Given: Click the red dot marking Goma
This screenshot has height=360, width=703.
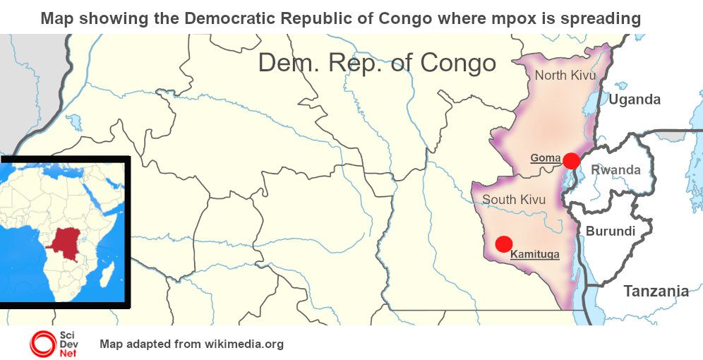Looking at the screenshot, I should coord(572,161).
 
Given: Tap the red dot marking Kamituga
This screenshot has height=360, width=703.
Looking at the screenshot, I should coord(503,244).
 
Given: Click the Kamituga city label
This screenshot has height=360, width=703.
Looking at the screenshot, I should coord(534,253).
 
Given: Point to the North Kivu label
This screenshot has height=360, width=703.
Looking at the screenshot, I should coord(565,76).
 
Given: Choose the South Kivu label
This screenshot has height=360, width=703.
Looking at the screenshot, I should coord(514,200).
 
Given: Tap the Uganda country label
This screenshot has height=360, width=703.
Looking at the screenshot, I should coord(635,100).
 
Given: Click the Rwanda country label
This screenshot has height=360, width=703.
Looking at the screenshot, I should coord(615,170).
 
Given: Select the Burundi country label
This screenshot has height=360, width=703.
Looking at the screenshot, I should coord(611,232).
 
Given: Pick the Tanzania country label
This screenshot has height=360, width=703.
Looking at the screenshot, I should coord(656,291).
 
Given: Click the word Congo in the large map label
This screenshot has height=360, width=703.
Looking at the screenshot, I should coord(458,63).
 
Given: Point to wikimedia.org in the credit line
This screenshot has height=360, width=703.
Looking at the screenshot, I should coord(244,344).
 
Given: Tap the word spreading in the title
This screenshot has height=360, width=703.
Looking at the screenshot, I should coord(601,18).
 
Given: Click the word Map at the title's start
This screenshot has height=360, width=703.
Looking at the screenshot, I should coord(56,18).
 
